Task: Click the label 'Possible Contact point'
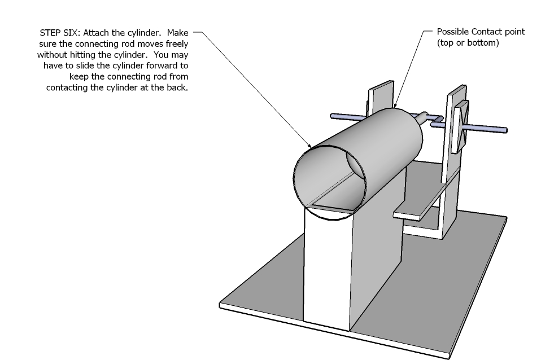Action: pos(481,32)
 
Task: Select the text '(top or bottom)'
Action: pos(468,42)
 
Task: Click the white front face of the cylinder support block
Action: pos(326,271)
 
